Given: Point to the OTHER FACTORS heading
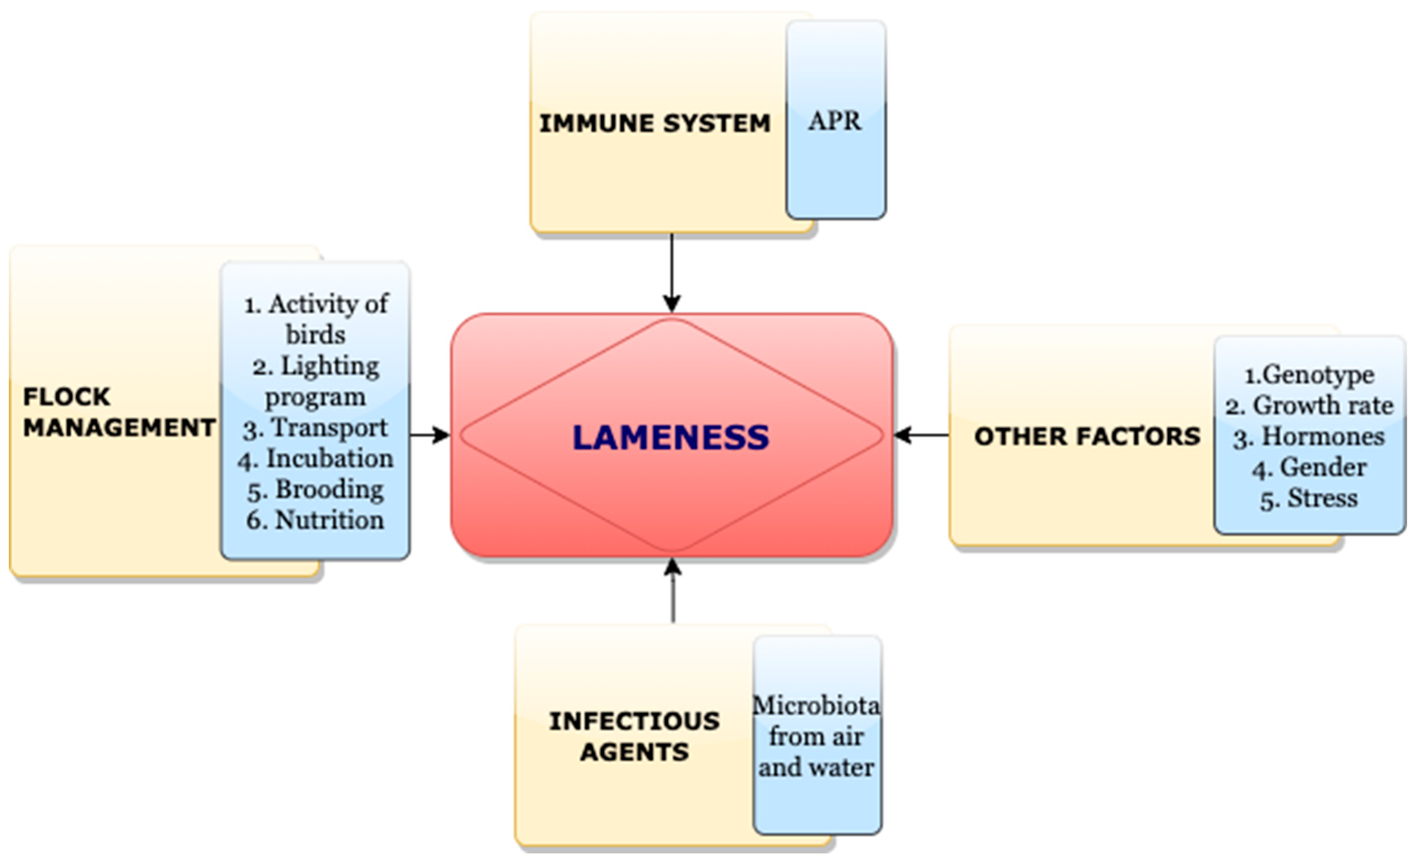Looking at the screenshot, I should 1087,436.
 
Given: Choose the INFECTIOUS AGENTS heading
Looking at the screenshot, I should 634,736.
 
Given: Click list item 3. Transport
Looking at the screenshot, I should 315,428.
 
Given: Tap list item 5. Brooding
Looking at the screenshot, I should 315,490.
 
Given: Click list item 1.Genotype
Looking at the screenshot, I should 1309,375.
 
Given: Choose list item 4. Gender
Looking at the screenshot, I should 1309,467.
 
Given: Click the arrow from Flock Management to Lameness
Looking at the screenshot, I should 430,435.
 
